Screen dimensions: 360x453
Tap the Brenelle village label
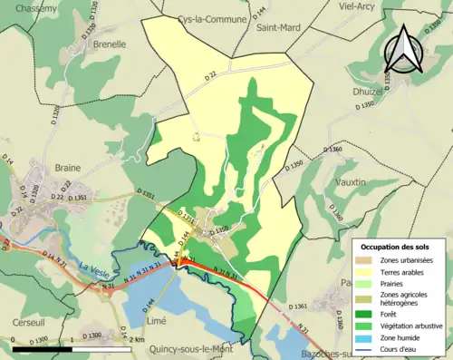pos(108,43)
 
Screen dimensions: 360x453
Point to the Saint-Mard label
pos(278,27)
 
